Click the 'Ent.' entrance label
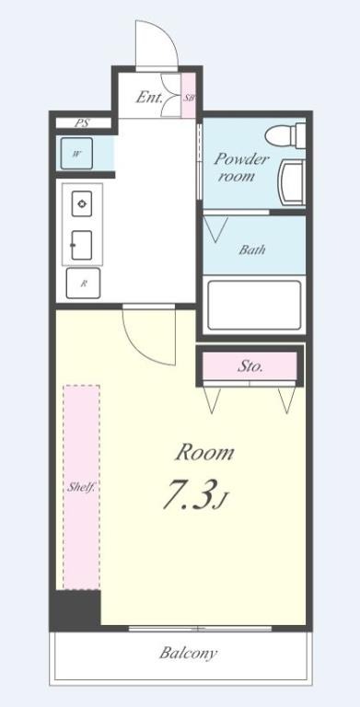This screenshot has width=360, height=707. tap(148, 96)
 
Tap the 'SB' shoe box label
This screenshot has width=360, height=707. tap(189, 97)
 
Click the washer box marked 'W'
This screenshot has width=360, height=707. tap(77, 154)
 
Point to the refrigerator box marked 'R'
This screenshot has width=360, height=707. tap(84, 283)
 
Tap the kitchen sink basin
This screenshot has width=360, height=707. tap(82, 244)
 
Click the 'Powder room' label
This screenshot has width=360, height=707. tap(241, 167)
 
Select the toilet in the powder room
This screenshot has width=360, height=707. tap(287, 135)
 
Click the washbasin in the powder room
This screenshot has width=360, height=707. tap(293, 183)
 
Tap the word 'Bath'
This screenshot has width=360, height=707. tap(253, 249)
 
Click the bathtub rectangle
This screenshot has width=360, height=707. tap(253, 304)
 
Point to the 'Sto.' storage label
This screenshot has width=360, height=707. tap(250, 365)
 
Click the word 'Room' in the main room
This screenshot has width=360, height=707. tap(204, 452)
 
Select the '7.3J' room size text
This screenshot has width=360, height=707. tap(193, 494)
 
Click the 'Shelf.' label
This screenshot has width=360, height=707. tap(81, 487)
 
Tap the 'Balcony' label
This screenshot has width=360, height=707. tap(188, 654)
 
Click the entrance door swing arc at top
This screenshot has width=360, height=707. tap(152, 43)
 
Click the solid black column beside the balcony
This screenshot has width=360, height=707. tap(75, 610)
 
